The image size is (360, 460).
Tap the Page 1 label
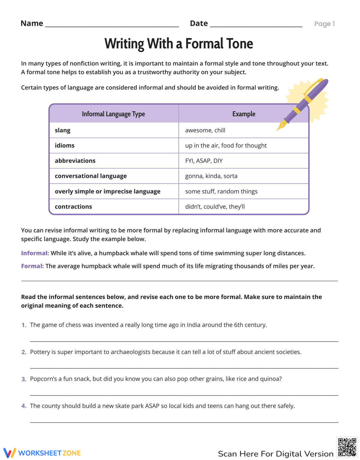pos(324,24)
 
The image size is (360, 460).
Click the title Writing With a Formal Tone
pos(179,44)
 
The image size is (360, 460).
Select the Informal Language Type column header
pos(113,114)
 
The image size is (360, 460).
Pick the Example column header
pos(244,114)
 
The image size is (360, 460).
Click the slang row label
pos(63,130)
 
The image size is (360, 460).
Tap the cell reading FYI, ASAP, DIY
pos(204,161)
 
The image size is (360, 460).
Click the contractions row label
pos(73,206)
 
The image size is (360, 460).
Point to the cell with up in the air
pos(226,145)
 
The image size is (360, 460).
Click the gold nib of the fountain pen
pos(281,126)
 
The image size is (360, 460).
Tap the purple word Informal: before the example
pos(35,253)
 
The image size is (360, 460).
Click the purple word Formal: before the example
pos(32,266)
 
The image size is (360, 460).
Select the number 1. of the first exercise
pos(24,325)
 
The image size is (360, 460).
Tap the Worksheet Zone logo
pos(42,453)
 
